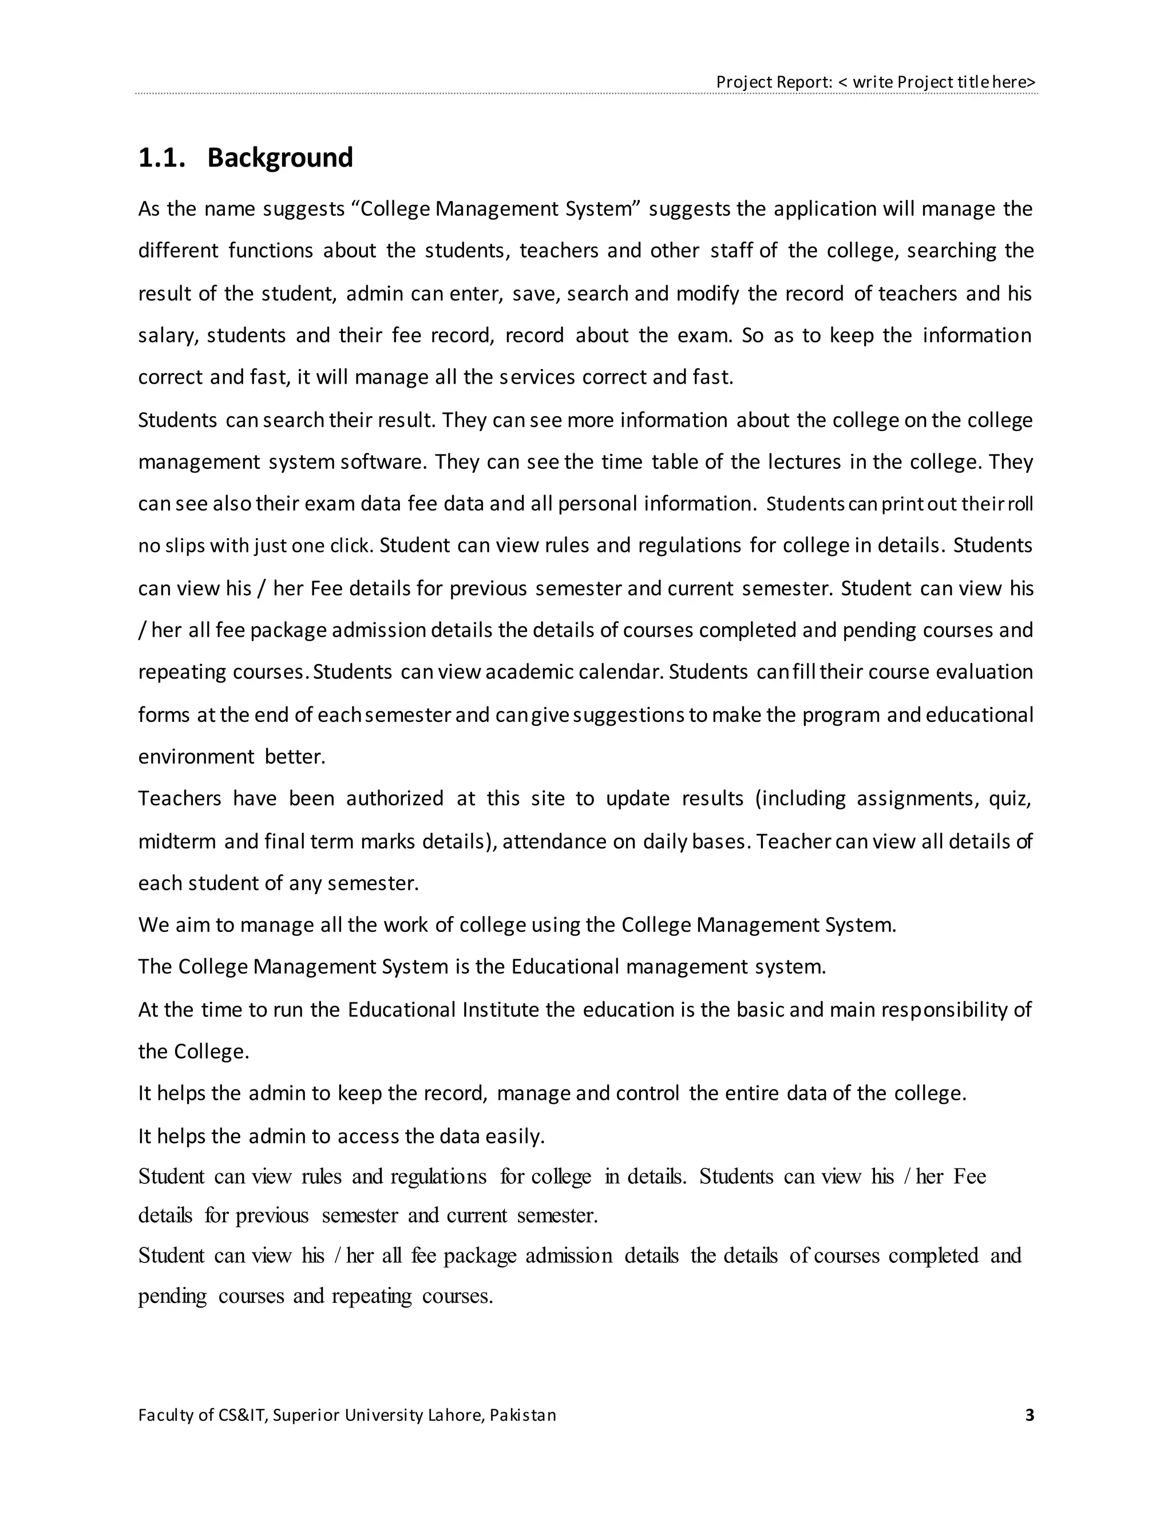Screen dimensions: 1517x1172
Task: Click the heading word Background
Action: click(x=280, y=157)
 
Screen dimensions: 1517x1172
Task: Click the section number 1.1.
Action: click(x=162, y=157)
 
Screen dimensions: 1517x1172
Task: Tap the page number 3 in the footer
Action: click(x=1030, y=1415)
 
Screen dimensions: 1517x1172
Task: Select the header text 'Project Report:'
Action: click(x=774, y=82)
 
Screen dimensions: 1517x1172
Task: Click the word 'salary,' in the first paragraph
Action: click(x=169, y=335)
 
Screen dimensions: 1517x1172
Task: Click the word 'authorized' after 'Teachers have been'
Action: click(x=394, y=798)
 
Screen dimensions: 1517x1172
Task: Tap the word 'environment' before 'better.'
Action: click(x=196, y=756)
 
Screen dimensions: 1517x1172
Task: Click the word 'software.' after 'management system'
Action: click(x=383, y=462)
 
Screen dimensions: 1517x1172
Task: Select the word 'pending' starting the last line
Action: click(x=172, y=1296)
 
